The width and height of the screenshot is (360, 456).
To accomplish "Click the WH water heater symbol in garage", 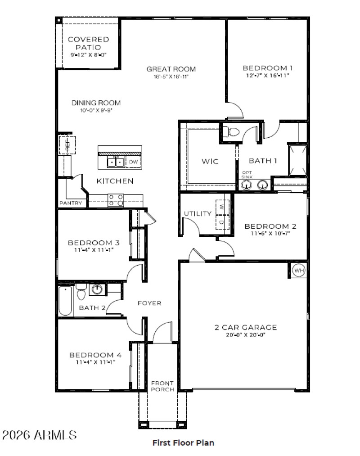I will pyautogui.click(x=299, y=271).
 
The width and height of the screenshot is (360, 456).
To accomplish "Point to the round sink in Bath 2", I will pyautogui.click(x=97, y=289).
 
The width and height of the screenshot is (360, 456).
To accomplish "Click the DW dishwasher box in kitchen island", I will pyautogui.click(x=134, y=162).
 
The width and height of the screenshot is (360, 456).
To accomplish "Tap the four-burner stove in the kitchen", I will pyautogui.click(x=116, y=200).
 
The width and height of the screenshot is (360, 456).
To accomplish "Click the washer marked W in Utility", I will pyautogui.click(x=222, y=207).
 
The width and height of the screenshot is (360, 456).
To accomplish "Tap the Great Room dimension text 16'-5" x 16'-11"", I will pyautogui.click(x=171, y=77).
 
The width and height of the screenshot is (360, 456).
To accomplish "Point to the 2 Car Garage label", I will pyautogui.click(x=245, y=327).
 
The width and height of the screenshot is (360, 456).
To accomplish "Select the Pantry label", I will pyautogui.click(x=71, y=203).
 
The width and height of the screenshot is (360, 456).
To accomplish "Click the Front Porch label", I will pyautogui.click(x=162, y=386).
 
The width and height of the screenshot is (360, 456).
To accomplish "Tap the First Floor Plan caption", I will pyautogui.click(x=183, y=442).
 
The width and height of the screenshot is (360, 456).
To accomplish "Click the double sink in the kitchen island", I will pyautogui.click(x=115, y=162).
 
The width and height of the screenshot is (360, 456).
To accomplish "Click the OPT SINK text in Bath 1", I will pyautogui.click(x=247, y=175).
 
